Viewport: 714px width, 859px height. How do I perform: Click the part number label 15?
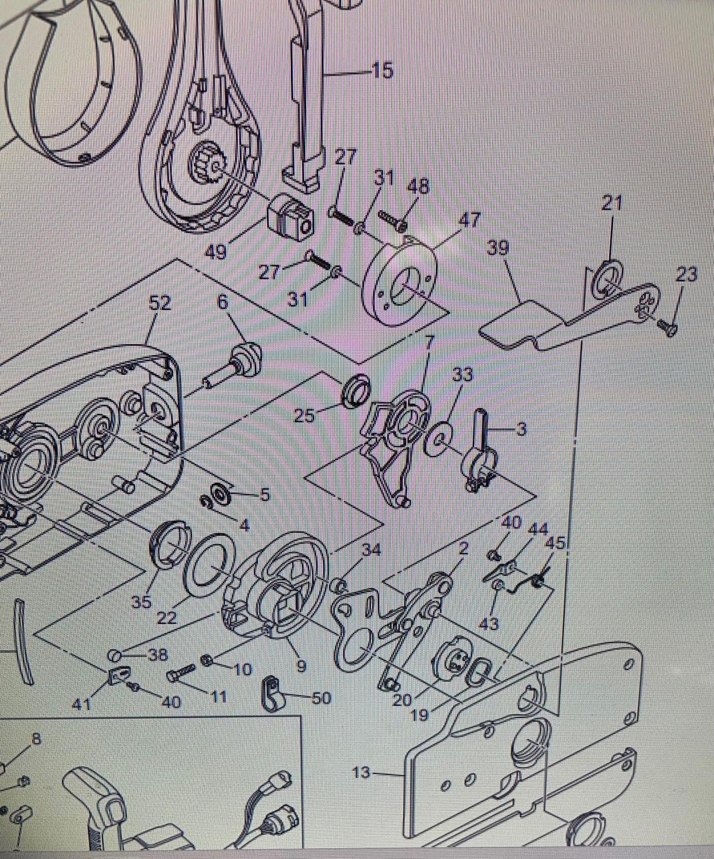coord(382,71)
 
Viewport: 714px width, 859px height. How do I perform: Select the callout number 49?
coord(215,251)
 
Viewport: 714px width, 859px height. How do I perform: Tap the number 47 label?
coord(469,219)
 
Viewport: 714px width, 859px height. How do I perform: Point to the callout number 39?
coord(498,248)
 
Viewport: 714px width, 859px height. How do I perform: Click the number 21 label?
coord(611,203)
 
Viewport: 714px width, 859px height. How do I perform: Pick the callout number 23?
coord(686,275)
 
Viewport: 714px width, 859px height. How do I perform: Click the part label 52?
coord(160,303)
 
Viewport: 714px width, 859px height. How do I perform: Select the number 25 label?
coord(304,415)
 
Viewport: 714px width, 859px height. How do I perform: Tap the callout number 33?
coord(462,375)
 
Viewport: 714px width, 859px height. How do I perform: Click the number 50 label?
coord(322,698)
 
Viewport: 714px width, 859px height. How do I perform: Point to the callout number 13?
coord(361,773)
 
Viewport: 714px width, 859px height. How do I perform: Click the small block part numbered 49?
coord(291,218)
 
